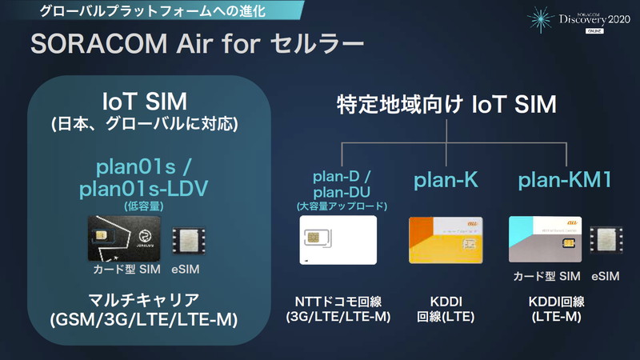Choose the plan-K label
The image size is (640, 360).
point(446,181)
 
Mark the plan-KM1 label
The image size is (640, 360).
point(566,181)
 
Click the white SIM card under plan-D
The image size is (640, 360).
point(337,241)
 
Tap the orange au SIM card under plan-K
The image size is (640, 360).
point(445,241)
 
